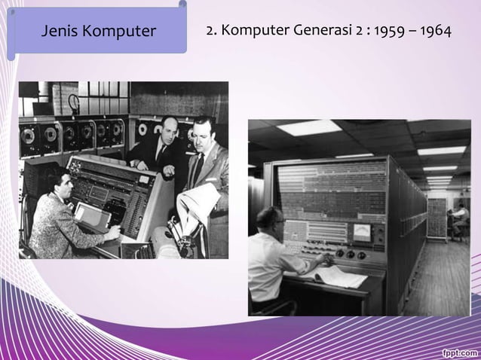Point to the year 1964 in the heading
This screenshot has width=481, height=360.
(x=437, y=32)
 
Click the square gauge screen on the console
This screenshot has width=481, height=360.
(x=363, y=232)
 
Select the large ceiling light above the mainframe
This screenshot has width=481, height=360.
(x=308, y=129)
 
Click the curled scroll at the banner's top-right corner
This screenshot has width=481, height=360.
(x=182, y=6)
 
